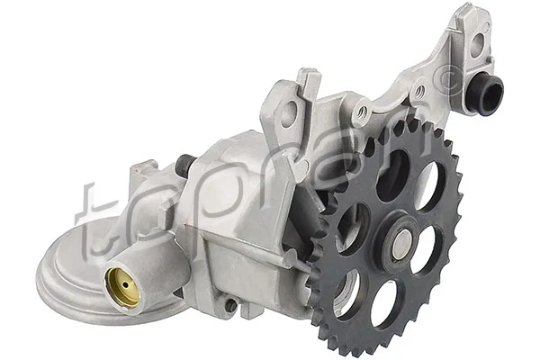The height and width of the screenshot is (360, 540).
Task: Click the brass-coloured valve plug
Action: coord(123,287)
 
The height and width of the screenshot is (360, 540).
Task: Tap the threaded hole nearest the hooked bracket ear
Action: coord(361,112)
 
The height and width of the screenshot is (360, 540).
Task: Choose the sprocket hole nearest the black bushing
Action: coord(429,184)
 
